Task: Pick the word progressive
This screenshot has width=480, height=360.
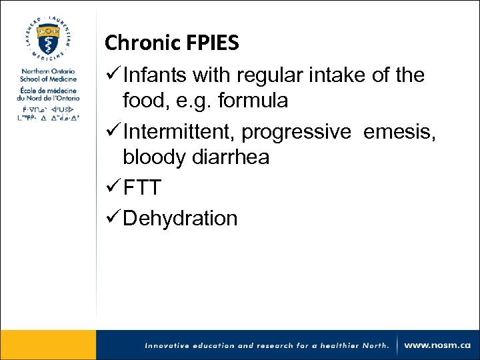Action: (x=295, y=133)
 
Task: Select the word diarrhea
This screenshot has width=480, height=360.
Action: (x=229, y=158)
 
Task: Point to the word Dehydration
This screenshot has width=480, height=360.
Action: (x=180, y=218)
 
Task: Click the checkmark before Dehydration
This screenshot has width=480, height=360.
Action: (x=112, y=218)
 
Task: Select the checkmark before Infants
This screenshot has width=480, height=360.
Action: (x=112, y=75)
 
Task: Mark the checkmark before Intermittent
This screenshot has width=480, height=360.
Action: (x=112, y=132)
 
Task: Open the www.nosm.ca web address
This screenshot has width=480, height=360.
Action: (x=437, y=345)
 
